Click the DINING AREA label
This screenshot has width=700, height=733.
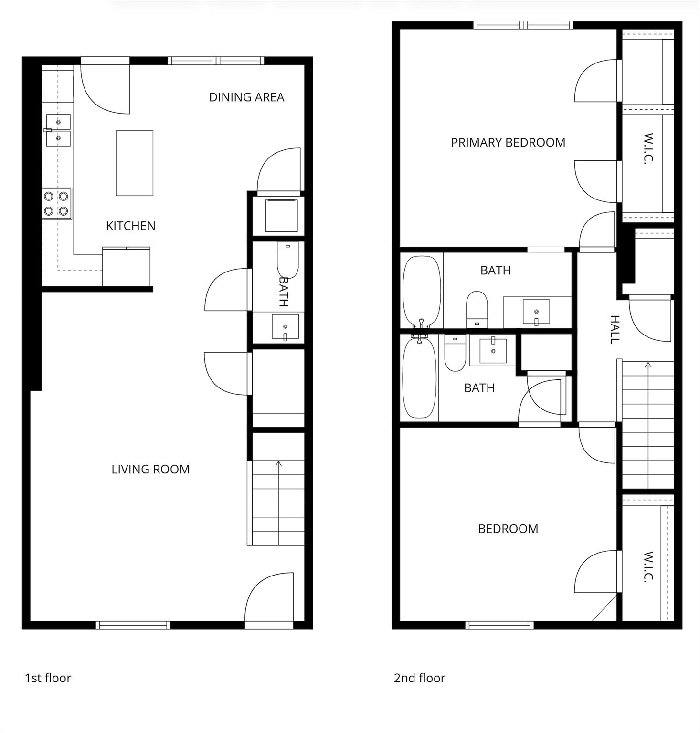click(x=246, y=97)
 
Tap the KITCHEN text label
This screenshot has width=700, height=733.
click(x=131, y=226)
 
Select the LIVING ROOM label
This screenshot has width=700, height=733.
click(x=150, y=470)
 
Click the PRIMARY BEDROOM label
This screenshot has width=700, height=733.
click(x=508, y=143)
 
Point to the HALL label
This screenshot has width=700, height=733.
click(x=615, y=329)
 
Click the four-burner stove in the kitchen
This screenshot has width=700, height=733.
click(x=56, y=204)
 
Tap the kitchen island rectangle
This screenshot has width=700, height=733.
click(x=135, y=163)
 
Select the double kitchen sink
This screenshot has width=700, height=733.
click(x=58, y=130)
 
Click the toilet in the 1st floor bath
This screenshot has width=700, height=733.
click(x=287, y=260)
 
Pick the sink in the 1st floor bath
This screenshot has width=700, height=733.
click(x=285, y=327)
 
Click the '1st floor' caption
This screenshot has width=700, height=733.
click(x=48, y=678)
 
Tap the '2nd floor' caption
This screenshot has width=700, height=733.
click(x=419, y=678)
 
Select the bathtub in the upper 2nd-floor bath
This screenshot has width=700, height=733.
click(x=422, y=291)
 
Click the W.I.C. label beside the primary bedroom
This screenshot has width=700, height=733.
click(x=648, y=148)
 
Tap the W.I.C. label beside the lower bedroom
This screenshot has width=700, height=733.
click(x=648, y=567)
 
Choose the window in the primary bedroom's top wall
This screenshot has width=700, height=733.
click(x=523, y=25)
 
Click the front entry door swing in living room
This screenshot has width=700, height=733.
click(x=269, y=597)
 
